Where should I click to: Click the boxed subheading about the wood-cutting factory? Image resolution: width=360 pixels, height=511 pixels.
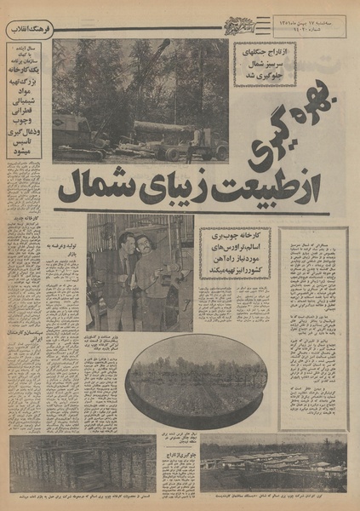coord(236,253)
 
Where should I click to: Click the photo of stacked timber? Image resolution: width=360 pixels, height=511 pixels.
coord(83,465)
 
